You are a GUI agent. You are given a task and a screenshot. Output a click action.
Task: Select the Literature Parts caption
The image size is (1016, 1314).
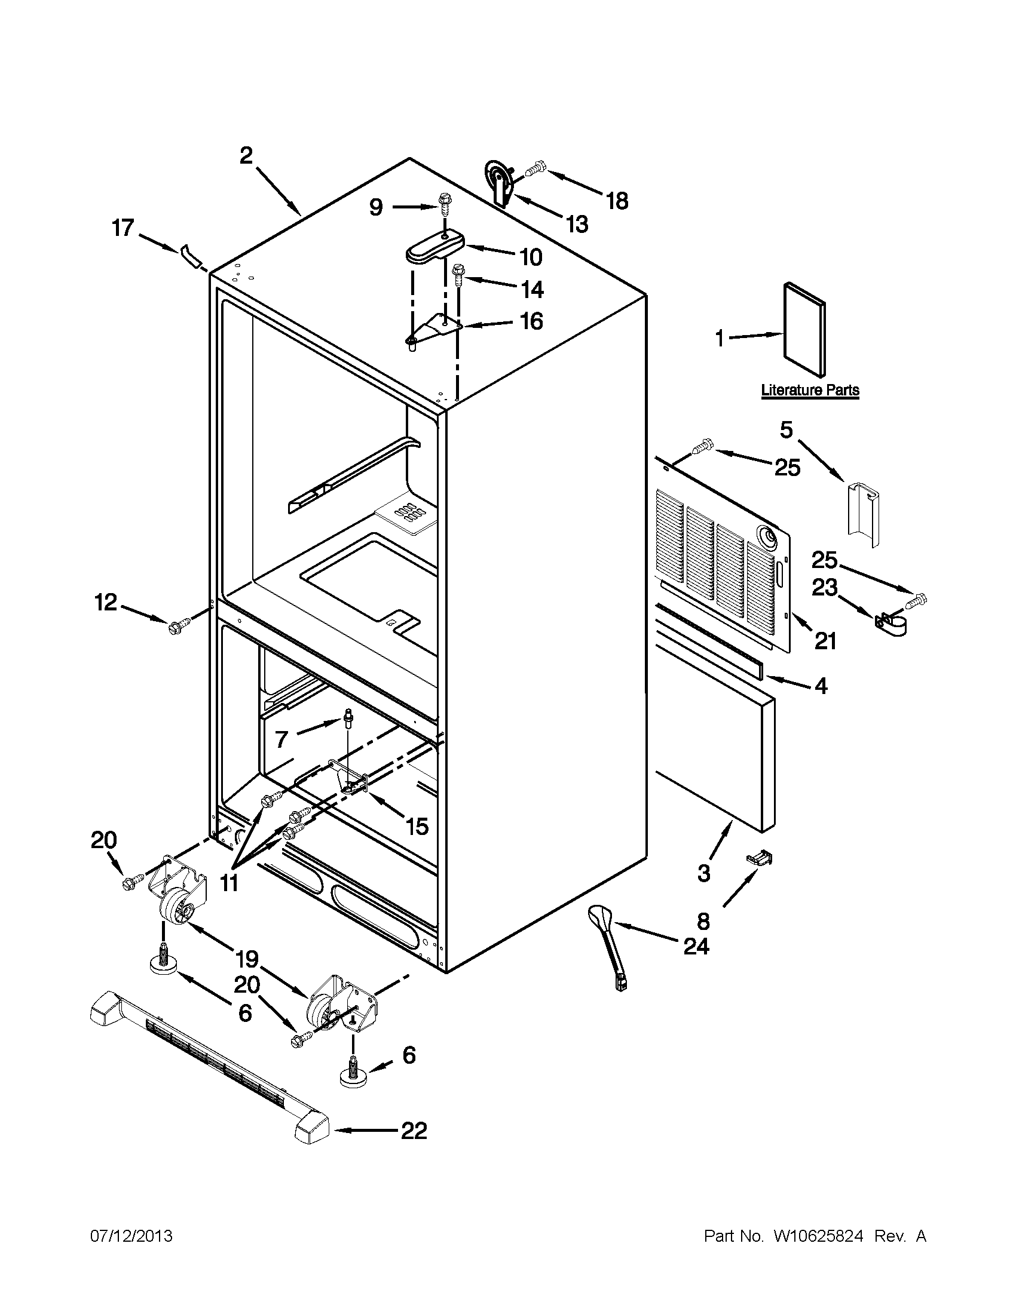tap(810, 390)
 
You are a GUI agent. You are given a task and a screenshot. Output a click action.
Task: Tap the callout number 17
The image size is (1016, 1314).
tap(123, 229)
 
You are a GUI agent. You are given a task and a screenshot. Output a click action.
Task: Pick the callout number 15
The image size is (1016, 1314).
tap(417, 826)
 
